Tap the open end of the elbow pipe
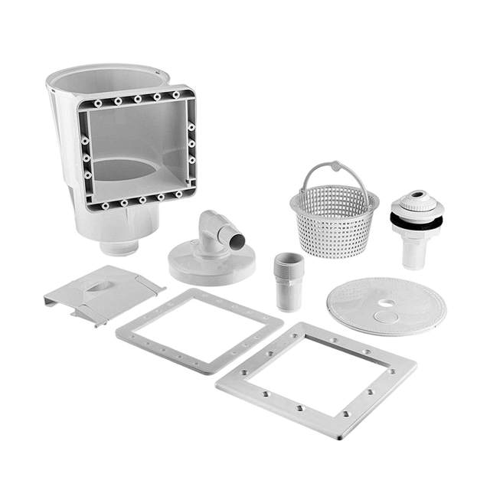pos(239,240)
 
